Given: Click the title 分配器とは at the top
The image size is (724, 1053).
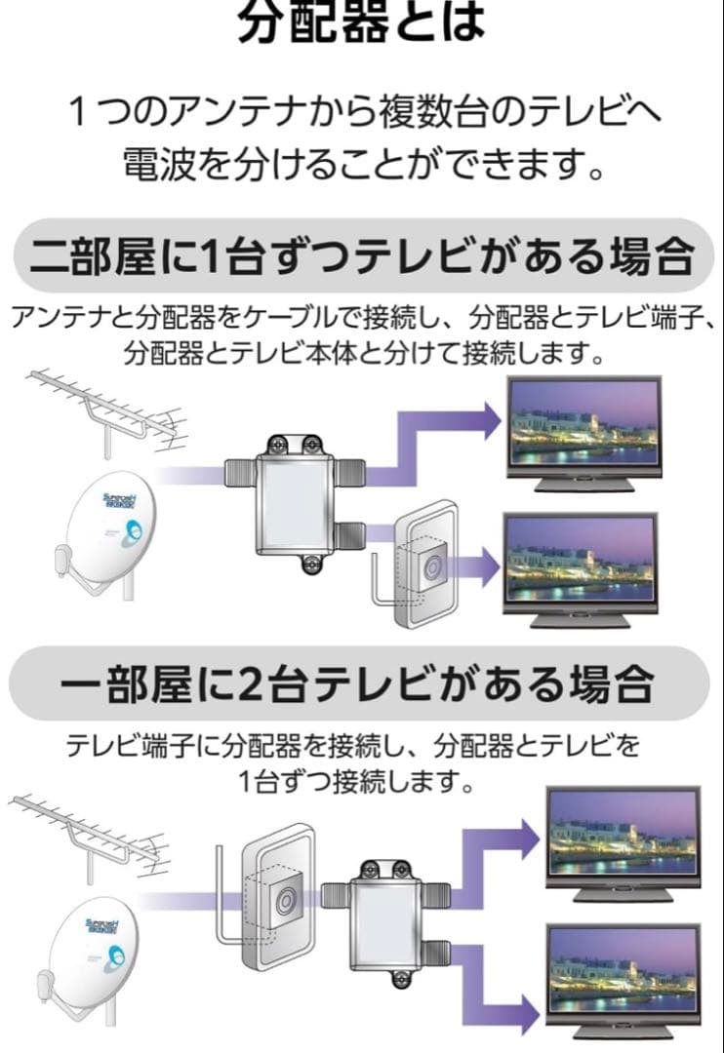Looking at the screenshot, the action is pos(362,20).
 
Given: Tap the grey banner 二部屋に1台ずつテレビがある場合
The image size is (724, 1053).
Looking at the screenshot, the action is pos(362,256).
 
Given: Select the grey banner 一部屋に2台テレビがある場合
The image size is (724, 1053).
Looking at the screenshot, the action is pos(359,683).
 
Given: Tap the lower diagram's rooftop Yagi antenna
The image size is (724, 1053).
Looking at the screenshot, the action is pos(90,838).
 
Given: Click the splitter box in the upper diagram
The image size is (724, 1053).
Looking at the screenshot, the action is pos(295,504).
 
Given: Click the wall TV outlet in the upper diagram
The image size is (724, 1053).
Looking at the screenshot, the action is pos(420,565).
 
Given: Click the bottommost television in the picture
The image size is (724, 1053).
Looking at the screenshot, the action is pos(623,982).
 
